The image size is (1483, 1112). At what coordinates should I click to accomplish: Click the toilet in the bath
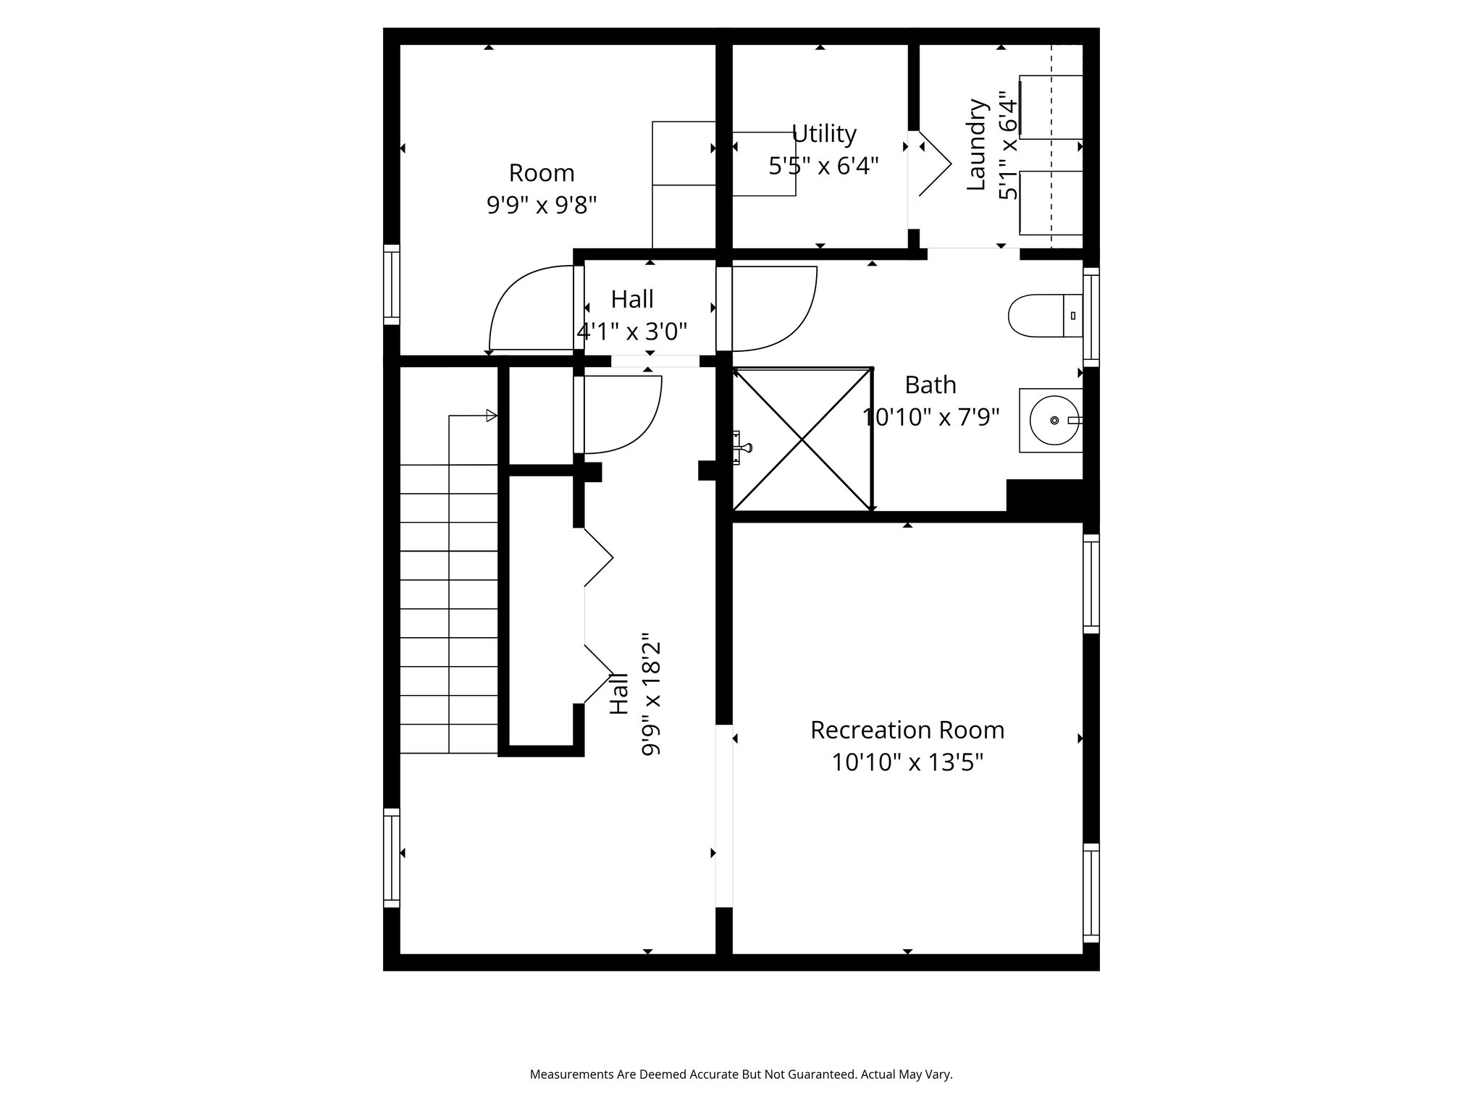(1043, 316)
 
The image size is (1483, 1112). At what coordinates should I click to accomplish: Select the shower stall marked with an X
(802, 439)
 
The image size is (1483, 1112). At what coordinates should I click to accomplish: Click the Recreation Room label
(907, 730)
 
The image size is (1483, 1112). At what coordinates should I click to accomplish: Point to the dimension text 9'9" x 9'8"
(541, 206)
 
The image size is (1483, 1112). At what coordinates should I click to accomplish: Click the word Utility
(823, 134)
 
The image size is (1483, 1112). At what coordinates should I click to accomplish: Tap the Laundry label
(977, 145)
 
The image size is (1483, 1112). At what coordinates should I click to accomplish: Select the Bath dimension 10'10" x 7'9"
(930, 418)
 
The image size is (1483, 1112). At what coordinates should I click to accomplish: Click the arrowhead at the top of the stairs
(491, 416)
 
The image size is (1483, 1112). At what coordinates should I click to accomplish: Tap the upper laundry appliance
(1051, 106)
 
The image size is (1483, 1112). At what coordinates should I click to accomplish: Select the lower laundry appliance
(1051, 203)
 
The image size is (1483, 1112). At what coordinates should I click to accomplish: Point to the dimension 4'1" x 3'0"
(631, 332)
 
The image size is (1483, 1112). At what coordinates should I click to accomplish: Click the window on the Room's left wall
(391, 285)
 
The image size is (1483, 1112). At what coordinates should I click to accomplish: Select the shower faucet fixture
(741, 447)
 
